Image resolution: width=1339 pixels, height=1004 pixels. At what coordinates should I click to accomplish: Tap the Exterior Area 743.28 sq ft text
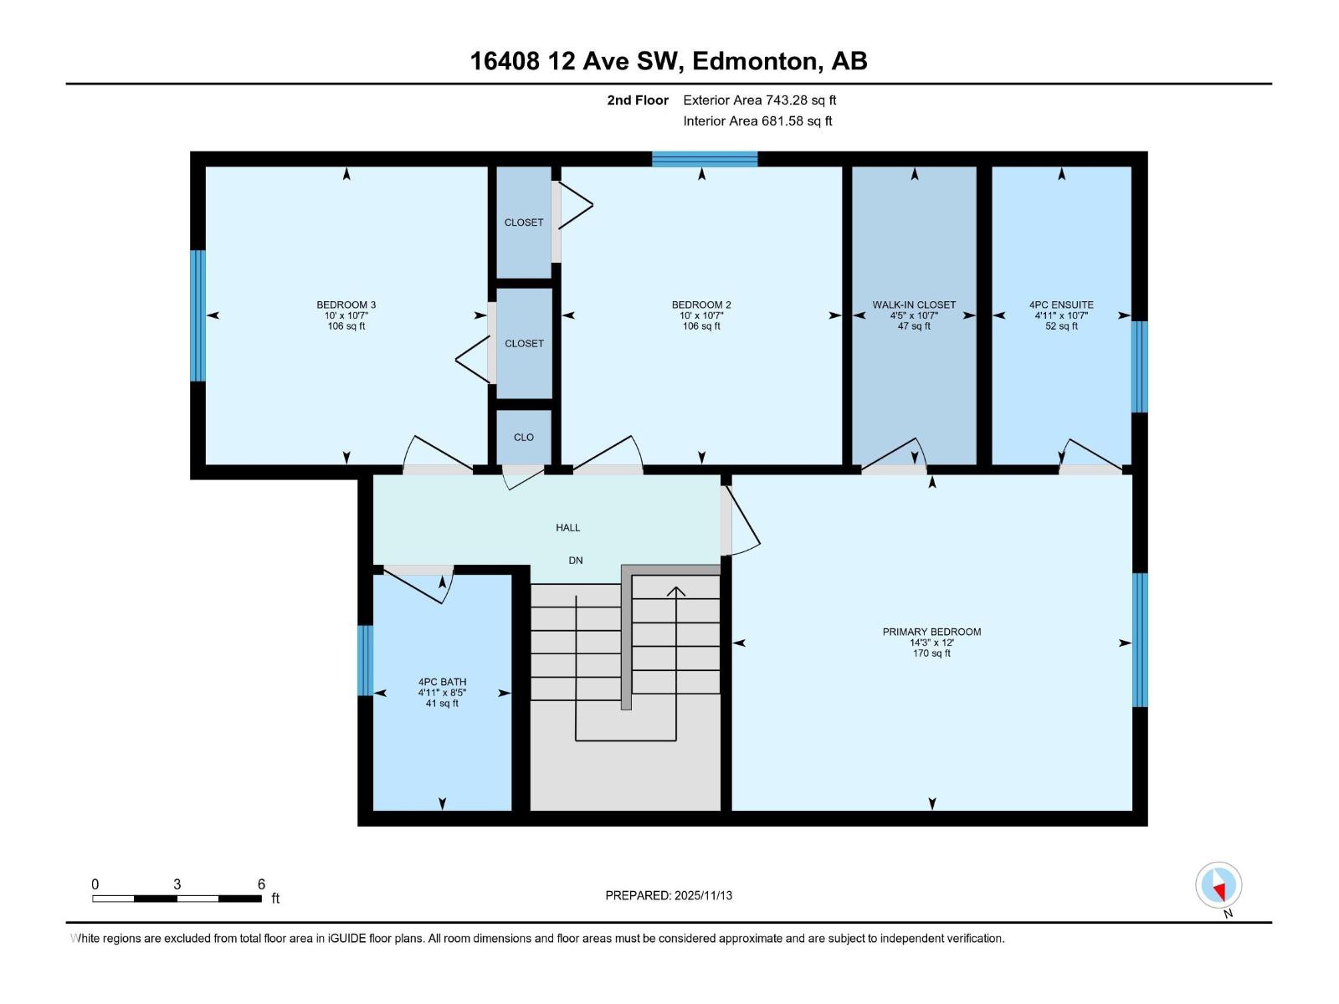pos(759,100)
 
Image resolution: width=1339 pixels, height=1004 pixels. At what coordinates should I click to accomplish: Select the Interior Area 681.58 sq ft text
pos(757,121)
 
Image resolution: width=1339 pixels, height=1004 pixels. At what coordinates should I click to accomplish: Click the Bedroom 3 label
pos(346,305)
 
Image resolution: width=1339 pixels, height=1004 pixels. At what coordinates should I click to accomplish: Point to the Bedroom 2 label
pos(700,305)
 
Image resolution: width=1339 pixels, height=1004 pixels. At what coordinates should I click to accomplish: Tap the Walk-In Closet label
pos(913,305)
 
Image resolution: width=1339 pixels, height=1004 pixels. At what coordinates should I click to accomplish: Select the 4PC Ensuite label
pos(1060,305)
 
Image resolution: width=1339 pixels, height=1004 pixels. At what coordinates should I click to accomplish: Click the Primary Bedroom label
pos(931,633)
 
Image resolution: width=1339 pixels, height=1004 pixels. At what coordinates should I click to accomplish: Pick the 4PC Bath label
pos(442,683)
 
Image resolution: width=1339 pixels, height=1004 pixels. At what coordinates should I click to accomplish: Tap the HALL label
pos(567,528)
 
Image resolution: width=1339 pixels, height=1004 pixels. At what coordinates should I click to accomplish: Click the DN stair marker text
pos(575,561)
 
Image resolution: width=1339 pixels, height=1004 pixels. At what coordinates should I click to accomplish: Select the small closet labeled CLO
pos(524,437)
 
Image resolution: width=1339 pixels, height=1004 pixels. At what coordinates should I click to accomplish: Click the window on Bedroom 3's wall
pos(198,315)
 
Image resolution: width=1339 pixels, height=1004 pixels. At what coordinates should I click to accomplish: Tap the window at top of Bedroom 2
pos(705,159)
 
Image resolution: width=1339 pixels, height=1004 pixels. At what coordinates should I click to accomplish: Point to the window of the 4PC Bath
pos(365,660)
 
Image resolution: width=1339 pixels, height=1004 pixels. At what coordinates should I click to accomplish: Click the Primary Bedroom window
pos(1140,639)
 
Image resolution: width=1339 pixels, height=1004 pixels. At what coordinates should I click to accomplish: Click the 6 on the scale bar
pos(261,884)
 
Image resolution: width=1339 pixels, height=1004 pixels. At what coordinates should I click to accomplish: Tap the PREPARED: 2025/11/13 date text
pos(669,895)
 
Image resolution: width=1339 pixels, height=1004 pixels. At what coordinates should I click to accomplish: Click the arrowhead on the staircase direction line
pos(675,591)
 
